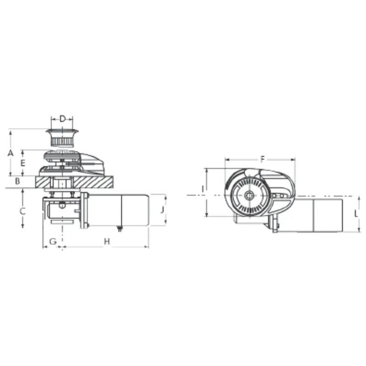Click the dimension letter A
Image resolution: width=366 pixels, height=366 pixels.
(11, 153)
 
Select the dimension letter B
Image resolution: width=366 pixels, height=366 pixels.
(17, 181)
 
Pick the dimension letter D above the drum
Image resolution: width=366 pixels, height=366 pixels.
(62, 119)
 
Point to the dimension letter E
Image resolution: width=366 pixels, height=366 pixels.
(23, 162)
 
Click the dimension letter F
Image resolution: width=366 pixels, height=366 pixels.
(262, 159)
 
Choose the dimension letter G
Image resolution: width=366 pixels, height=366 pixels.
(53, 241)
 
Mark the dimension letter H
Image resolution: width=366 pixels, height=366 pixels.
(106, 241)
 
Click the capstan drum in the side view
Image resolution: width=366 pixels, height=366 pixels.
(62, 137)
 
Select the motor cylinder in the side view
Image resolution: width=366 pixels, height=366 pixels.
(119, 210)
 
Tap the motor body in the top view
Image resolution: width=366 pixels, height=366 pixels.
(320, 214)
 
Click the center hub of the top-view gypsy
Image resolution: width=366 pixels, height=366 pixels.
(248, 196)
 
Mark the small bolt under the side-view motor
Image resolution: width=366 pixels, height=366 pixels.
(120, 229)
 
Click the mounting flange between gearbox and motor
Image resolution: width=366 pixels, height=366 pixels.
(85, 210)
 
